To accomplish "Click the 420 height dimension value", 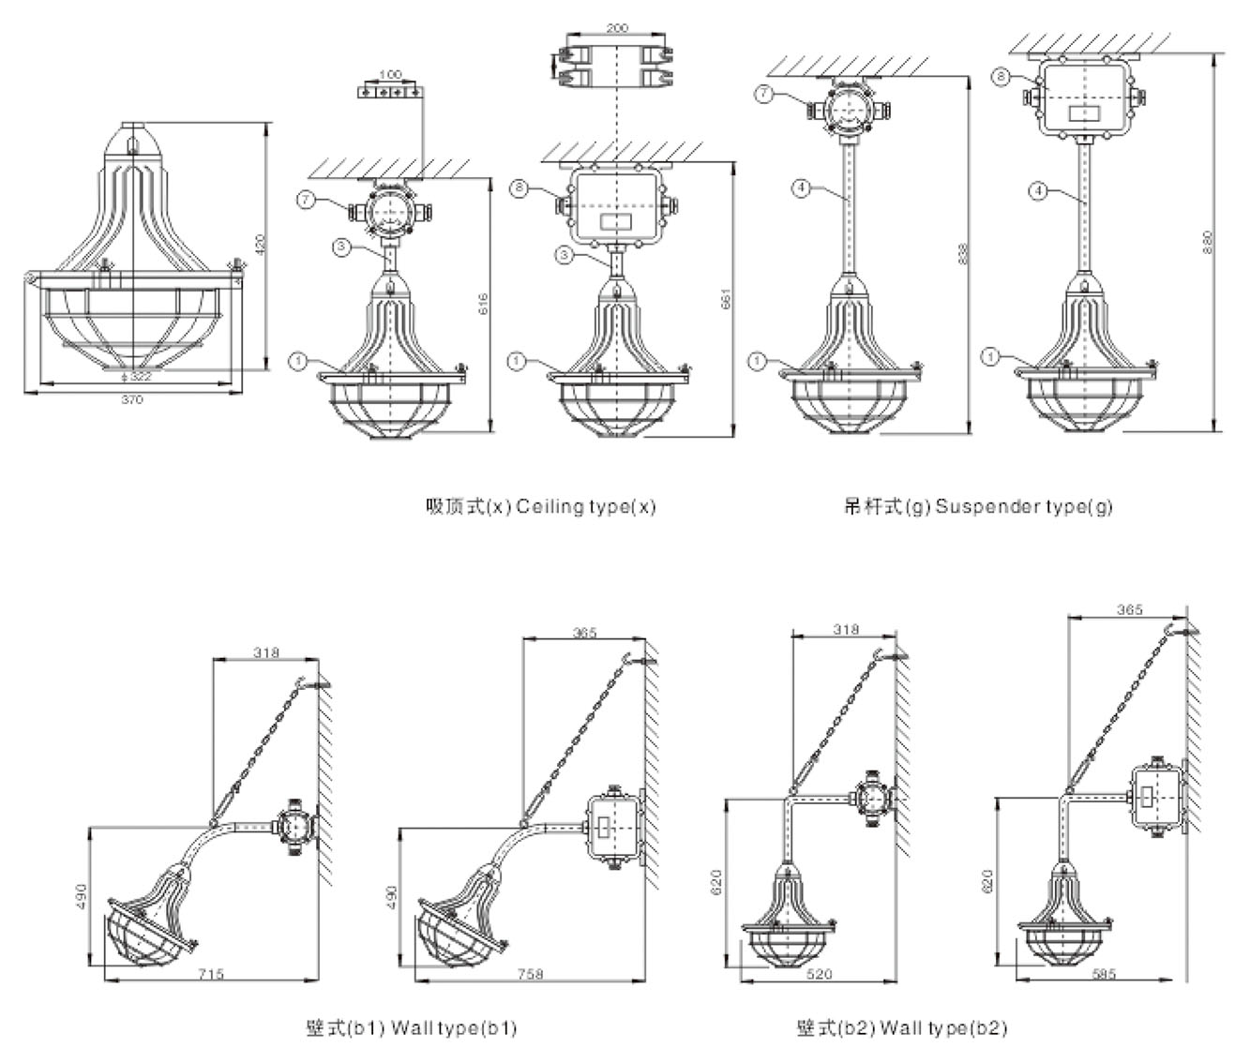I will click(262, 246).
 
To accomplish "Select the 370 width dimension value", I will click(133, 399).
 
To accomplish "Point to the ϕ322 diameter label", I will click(138, 376).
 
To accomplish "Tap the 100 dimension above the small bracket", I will click(390, 73).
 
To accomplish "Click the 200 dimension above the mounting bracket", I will click(617, 28).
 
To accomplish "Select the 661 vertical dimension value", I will click(727, 297).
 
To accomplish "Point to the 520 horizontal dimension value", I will click(819, 974).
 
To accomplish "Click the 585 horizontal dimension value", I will click(1104, 974).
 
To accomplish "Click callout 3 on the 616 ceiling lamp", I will click(344, 247).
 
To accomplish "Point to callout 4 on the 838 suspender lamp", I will click(800, 188).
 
